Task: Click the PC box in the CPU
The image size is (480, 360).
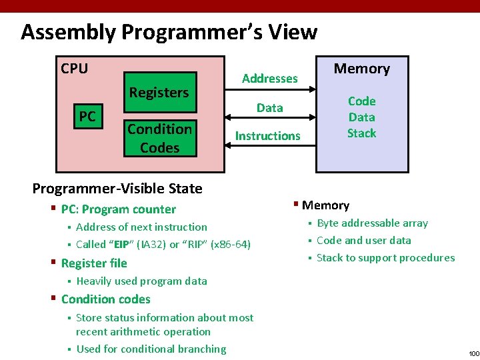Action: click(87, 117)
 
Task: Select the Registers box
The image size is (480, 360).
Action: click(159, 93)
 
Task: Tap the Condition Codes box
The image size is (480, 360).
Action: click(160, 138)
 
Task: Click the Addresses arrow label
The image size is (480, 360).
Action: click(269, 79)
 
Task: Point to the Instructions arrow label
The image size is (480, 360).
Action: click(267, 136)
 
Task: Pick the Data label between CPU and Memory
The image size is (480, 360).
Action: click(269, 107)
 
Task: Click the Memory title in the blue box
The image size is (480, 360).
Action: click(361, 69)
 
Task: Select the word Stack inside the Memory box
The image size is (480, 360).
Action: click(361, 133)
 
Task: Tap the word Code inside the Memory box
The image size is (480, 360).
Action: click(361, 101)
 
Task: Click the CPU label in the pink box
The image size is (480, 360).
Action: click(74, 69)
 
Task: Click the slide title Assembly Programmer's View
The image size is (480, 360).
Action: click(169, 32)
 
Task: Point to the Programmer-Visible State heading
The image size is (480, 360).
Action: click(117, 189)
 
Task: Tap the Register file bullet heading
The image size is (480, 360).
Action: click(94, 263)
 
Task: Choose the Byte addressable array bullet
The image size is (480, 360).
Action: click(372, 223)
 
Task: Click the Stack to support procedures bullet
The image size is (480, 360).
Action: click(385, 258)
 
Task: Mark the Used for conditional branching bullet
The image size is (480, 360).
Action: click(151, 349)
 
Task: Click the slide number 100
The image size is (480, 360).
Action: click(473, 353)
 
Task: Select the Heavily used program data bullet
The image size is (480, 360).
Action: click(141, 281)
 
